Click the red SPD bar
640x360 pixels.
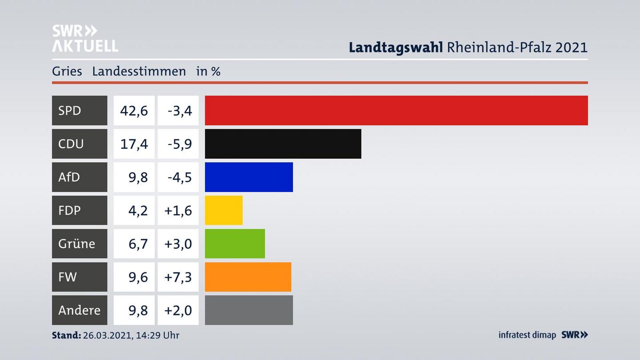[396, 110]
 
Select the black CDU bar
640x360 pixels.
[283, 144]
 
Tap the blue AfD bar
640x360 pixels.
[248, 177]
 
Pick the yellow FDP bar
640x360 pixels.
[224, 210]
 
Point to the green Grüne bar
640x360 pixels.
[235, 244]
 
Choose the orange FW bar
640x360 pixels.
[248, 277]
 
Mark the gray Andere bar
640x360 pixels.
[248, 310]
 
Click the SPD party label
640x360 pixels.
[70, 110]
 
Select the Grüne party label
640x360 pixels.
[76, 244]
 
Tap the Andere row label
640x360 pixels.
[79, 310]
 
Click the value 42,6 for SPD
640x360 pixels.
[134, 110]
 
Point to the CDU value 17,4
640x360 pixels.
[134, 144]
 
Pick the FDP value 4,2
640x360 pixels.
[138, 210]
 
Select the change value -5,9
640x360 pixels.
[180, 144]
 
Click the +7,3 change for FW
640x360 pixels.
[178, 277]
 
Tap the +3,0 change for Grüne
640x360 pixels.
[178, 244]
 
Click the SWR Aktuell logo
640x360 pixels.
[84, 38]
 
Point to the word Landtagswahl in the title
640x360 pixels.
[396, 47]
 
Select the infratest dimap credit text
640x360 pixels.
[527, 335]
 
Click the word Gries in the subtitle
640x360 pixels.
[67, 71]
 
